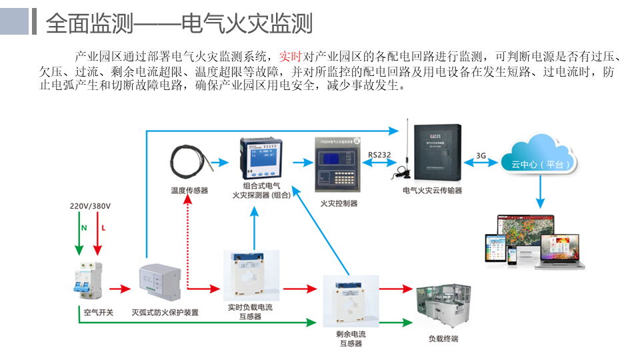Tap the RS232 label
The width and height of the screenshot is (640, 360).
tap(379, 155)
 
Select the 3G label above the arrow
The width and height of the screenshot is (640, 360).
tap(481, 155)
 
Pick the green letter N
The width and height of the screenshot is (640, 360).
tap(84, 228)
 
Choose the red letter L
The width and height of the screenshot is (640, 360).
tap(103, 228)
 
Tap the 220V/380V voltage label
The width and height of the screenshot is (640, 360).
tap(91, 206)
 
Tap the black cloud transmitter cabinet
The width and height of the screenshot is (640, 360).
tap(437, 151)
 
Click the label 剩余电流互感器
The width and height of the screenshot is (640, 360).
tap(351, 339)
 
